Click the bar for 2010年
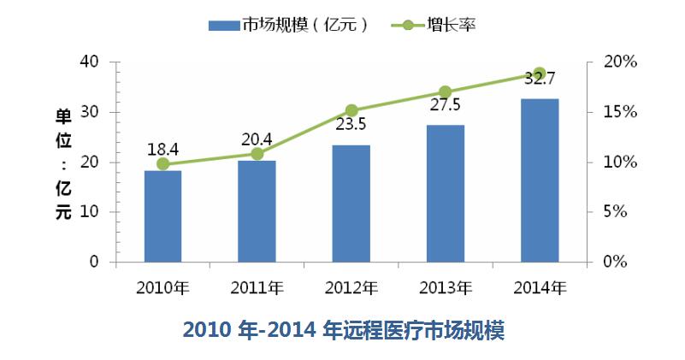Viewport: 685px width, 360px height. pyautogui.click(x=162, y=216)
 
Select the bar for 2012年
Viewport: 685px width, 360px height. pyautogui.click(x=351, y=204)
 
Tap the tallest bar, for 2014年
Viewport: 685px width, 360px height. pyautogui.click(x=540, y=180)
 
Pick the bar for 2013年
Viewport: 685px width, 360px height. pyautogui.click(x=446, y=193)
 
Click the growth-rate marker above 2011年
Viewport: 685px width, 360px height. pyautogui.click(x=257, y=154)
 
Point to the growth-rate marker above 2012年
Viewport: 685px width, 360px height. pyautogui.click(x=351, y=110)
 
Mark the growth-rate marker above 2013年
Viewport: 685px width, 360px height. pyautogui.click(x=446, y=91)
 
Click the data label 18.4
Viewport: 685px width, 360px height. pyautogui.click(x=162, y=147)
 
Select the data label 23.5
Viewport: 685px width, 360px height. pyautogui.click(x=351, y=125)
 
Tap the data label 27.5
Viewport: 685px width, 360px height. pyautogui.click(x=445, y=105)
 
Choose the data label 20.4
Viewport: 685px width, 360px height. pyautogui.click(x=257, y=138)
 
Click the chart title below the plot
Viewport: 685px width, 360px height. pyautogui.click(x=344, y=330)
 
